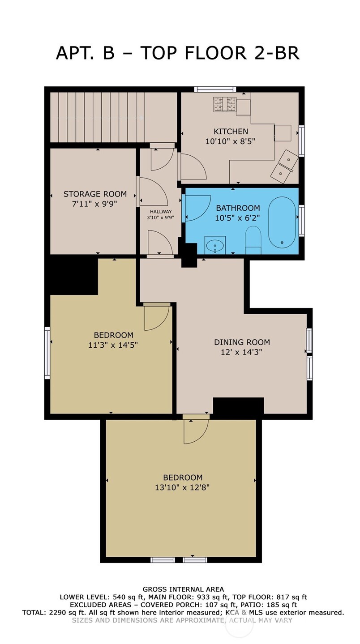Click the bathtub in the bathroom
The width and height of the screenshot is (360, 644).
(x=282, y=222)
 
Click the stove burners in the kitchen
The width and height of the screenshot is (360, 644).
(x=225, y=105)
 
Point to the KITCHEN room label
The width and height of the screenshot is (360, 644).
(x=231, y=132)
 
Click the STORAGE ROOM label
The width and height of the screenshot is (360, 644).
(x=95, y=194)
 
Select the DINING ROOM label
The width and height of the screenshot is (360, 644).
(x=242, y=342)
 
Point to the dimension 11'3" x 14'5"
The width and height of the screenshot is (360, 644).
(x=113, y=345)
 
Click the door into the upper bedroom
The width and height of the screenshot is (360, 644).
(x=156, y=316)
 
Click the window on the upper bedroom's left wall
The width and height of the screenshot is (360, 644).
(x=47, y=353)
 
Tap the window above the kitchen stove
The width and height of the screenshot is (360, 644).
(x=214, y=89)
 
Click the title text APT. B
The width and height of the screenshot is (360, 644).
(x=85, y=53)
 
